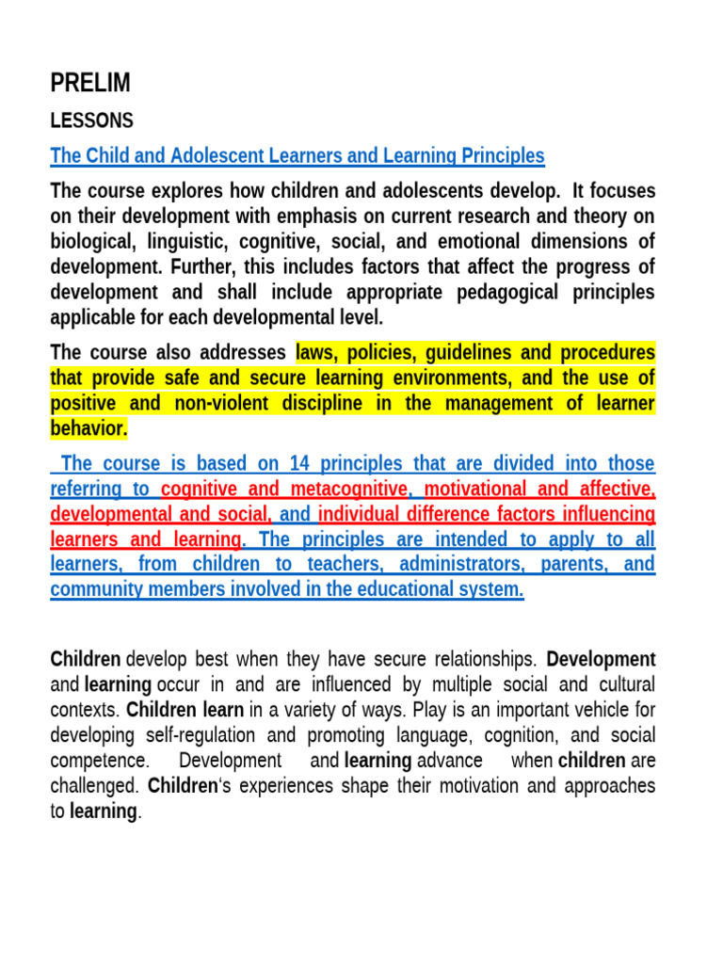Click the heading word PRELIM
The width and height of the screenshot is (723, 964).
pos(90,84)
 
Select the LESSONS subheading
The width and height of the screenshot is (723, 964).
pos(91,121)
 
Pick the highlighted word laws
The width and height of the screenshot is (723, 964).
pos(317,353)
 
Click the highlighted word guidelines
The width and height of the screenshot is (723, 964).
pos(473,353)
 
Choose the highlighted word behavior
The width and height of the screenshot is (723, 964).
pos(88,429)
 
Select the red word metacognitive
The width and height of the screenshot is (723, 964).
pos(352,489)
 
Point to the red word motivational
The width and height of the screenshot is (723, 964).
pos(478,489)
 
